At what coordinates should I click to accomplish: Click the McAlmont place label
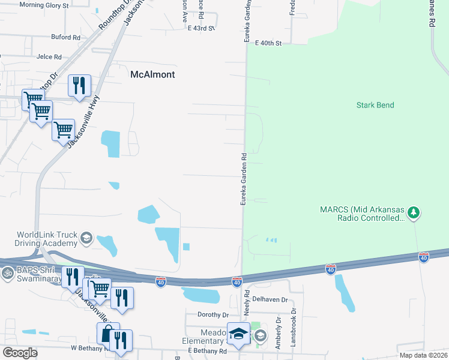[x=152, y=74]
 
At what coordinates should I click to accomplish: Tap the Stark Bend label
[x=375, y=105]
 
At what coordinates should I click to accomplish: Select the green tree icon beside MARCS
[x=412, y=212]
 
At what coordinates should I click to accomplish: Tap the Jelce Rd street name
[x=49, y=57]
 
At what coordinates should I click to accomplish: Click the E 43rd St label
[x=201, y=28]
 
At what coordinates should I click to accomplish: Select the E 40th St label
[x=268, y=43]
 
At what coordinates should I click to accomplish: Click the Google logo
[x=20, y=353]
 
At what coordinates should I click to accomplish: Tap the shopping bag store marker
[x=108, y=333]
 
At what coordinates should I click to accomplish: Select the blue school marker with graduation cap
[x=238, y=334]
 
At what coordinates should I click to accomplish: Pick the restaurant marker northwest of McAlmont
[x=79, y=86]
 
